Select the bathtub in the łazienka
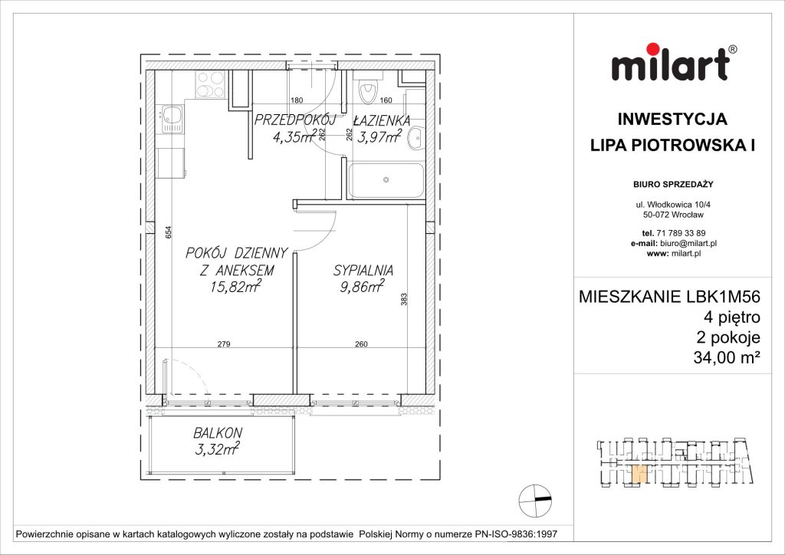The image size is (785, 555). coord(386,181)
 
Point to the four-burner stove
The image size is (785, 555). coord(209,84)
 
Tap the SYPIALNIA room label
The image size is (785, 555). coord(363,270)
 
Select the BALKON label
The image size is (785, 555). coord(218,432)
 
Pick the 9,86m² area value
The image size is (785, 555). coord(360,287)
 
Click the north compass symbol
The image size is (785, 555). coord(534,500)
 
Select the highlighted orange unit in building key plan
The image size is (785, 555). coord(638,475)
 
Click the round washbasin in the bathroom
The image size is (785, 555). coord(415,139)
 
